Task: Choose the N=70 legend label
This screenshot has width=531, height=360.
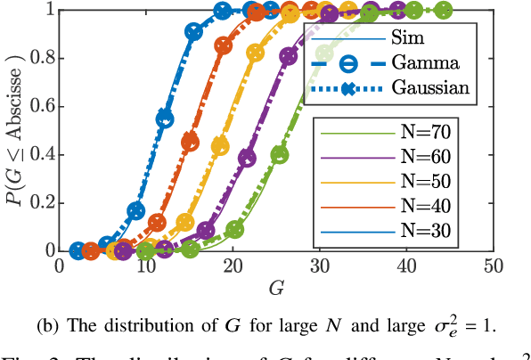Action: tap(424, 133)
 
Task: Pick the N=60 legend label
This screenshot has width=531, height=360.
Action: tap(424, 157)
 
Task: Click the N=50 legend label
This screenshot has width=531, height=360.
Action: tap(424, 182)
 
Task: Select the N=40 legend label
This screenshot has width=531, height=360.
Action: tap(424, 207)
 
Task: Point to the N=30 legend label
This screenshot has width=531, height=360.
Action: tap(424, 232)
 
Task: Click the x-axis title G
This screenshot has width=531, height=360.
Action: tap(274, 287)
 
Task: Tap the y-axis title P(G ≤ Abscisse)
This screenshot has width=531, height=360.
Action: tap(14, 131)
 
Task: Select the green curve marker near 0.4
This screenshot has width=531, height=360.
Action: tap(280, 154)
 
